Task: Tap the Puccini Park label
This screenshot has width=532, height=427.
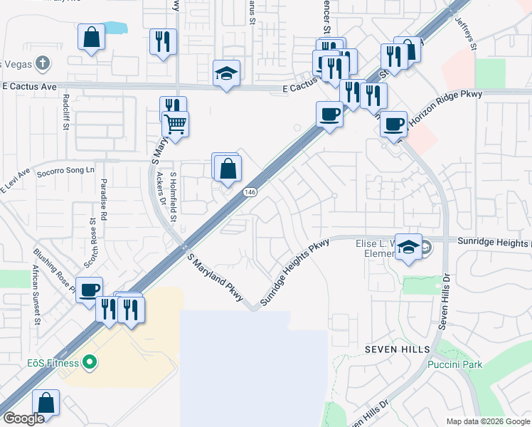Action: (x=455, y=364)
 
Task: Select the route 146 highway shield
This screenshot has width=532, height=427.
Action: (x=250, y=192)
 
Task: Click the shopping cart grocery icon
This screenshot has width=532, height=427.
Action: (x=175, y=124)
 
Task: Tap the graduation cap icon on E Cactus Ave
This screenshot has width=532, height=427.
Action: (x=226, y=73)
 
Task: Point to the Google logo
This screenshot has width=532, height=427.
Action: (x=24, y=418)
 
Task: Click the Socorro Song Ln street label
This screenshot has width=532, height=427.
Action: (x=70, y=171)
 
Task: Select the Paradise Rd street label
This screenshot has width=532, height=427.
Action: (x=104, y=199)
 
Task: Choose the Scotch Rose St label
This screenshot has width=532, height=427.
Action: (x=92, y=242)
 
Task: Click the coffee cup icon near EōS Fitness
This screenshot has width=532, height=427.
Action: (x=90, y=290)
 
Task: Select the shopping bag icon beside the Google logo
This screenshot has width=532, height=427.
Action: (x=46, y=402)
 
